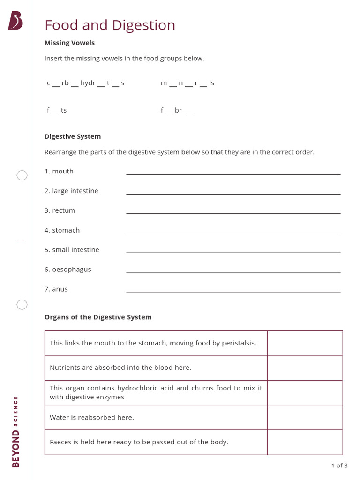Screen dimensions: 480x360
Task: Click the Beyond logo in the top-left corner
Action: click(x=15, y=21)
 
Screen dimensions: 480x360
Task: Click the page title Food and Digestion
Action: click(x=110, y=25)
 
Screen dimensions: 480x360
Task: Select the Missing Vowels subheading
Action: click(x=69, y=43)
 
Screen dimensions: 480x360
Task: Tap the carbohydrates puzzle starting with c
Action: click(x=85, y=83)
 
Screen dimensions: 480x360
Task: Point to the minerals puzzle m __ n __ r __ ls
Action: click(x=187, y=83)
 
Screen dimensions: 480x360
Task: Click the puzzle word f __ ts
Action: click(x=57, y=110)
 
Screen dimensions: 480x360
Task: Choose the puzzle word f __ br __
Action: click(x=176, y=110)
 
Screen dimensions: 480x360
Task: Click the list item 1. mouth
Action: click(x=59, y=171)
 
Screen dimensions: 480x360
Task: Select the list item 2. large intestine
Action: click(x=71, y=191)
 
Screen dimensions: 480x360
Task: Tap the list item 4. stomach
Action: click(x=62, y=230)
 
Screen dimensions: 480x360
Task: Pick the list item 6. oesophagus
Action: click(x=67, y=270)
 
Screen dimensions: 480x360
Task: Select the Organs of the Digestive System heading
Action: click(x=98, y=317)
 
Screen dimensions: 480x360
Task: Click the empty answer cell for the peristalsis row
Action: click(x=305, y=343)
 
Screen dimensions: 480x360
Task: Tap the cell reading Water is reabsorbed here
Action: click(x=92, y=417)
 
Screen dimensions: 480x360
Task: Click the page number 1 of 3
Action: click(x=339, y=465)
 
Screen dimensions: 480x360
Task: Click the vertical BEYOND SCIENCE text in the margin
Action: click(x=15, y=431)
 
